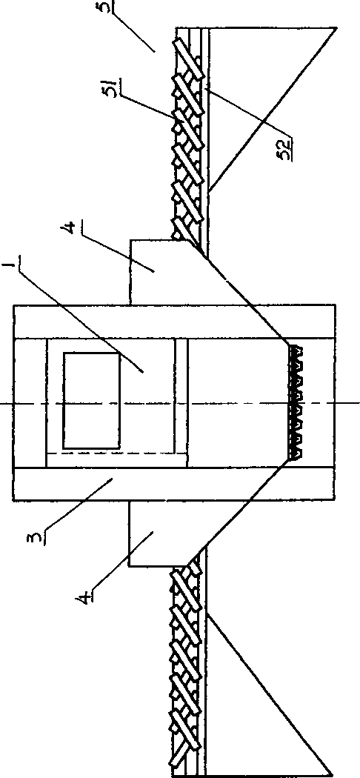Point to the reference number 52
tap(286, 147)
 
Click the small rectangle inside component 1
tap(91, 401)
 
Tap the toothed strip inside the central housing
tap(296, 402)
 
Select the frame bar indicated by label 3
tap(173, 483)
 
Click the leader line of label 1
tap(79, 318)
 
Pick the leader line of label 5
tap(134, 30)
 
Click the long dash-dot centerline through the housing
tap(180, 403)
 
